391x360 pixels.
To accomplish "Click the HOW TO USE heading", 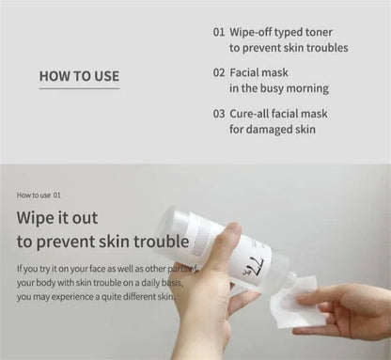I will pos(79,76).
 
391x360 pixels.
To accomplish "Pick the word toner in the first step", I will pos(328,30).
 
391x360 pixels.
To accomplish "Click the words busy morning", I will pos(296,88).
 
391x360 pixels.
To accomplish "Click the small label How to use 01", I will pos(39,196).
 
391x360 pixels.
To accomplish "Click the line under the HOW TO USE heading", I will pos(79,89).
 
